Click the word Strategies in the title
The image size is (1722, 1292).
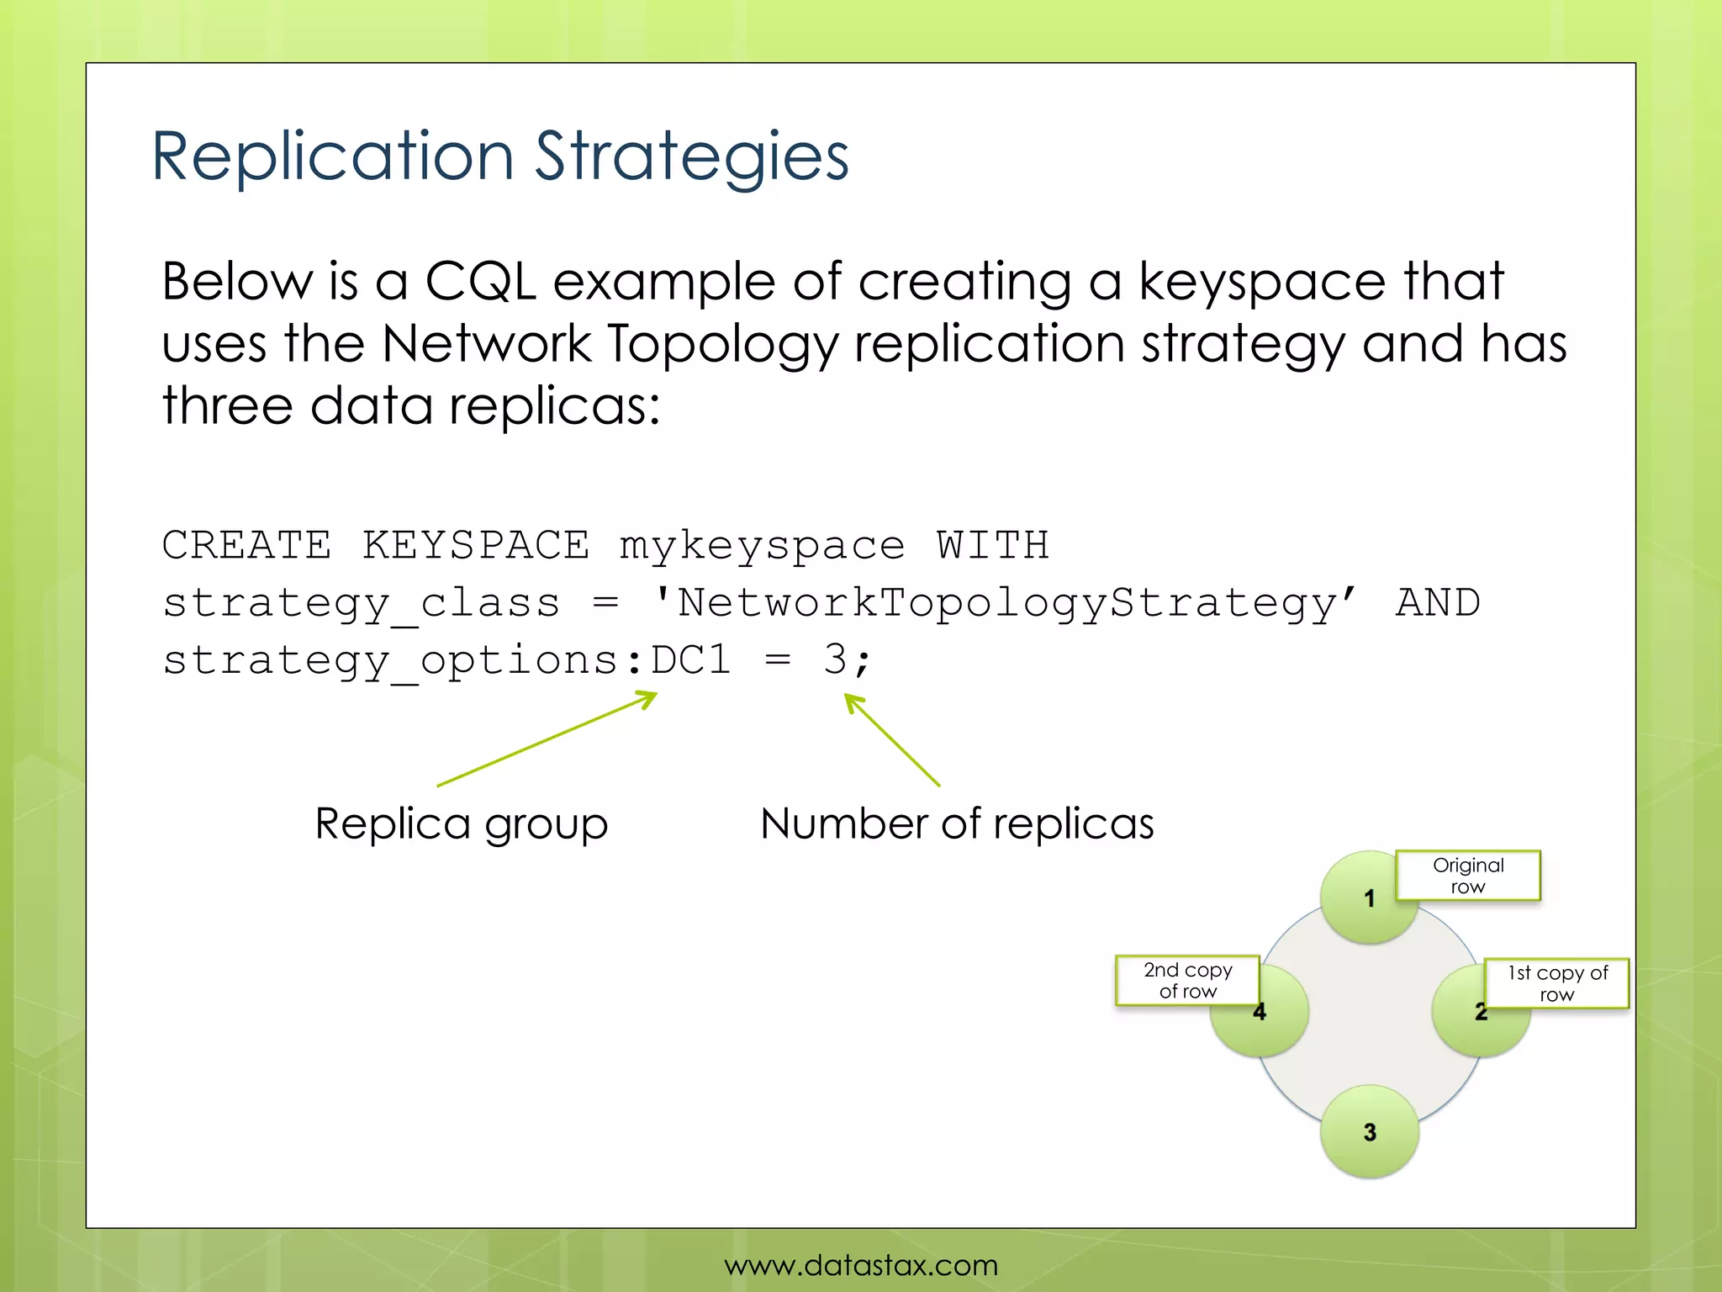tap(691, 157)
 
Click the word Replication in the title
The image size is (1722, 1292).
tap(332, 157)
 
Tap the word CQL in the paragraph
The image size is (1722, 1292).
tap(480, 281)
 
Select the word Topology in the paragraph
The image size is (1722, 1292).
tap(722, 344)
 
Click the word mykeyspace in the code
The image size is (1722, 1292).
tap(762, 546)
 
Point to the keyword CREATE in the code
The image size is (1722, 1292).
tap(246, 544)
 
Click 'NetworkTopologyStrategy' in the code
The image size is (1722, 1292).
tap(1004, 603)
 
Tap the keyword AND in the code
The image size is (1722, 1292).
tap(1438, 603)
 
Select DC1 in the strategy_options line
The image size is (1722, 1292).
tap(690, 659)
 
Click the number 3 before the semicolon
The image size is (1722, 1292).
tap(834, 659)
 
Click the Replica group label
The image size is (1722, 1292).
tap(461, 823)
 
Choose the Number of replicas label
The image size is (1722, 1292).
tap(957, 823)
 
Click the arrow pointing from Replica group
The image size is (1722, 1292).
tap(547, 739)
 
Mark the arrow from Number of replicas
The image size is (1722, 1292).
tap(893, 740)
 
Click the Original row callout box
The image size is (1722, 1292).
tap(1468, 876)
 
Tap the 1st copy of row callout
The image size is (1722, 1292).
tap(1556, 983)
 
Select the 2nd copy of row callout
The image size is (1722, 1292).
tap(1187, 980)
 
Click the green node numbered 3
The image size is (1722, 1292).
tap(1369, 1131)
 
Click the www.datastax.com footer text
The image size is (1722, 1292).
tap(861, 1265)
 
